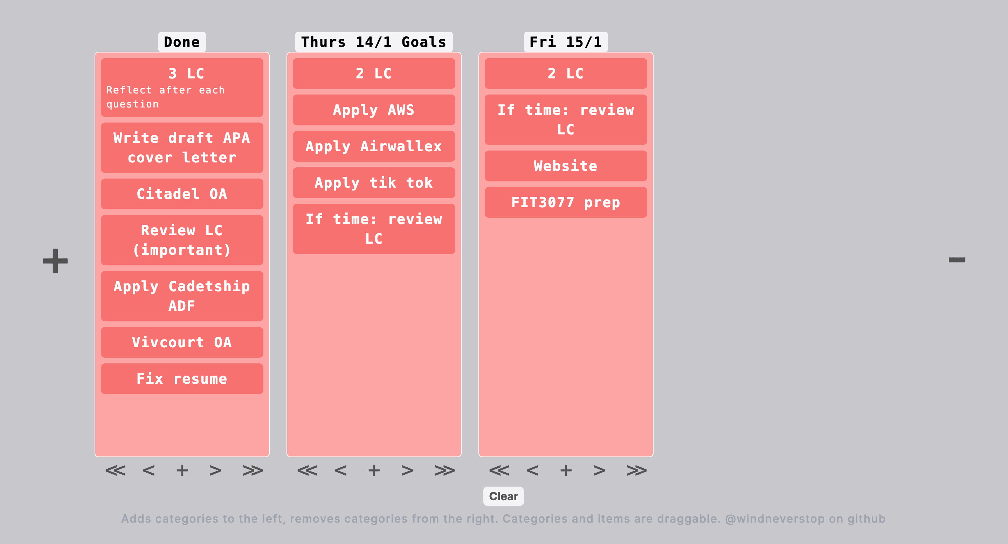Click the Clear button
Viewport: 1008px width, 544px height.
click(503, 496)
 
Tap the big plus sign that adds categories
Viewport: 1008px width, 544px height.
click(55, 260)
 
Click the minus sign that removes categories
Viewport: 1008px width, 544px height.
click(957, 260)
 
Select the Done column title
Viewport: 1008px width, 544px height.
click(181, 42)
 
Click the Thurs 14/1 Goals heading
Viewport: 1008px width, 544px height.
click(373, 42)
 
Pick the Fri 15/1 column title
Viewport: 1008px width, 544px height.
click(565, 42)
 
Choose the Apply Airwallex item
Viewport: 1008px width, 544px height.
click(373, 146)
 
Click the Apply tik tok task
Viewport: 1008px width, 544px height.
click(373, 183)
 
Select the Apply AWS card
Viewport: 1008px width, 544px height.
click(373, 110)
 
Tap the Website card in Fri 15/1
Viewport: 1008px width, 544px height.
click(565, 166)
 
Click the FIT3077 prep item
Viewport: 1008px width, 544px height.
click(565, 202)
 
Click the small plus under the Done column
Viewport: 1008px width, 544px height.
click(182, 470)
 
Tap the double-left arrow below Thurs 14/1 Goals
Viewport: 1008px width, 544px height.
click(307, 470)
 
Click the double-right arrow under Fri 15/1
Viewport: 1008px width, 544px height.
click(636, 470)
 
